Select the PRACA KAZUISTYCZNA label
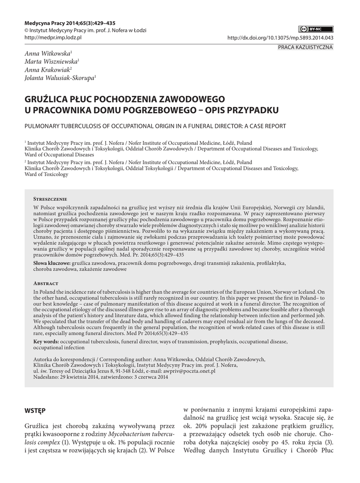(x=305, y=47)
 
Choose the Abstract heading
(x=46, y=283)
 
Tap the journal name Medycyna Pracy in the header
(x=43, y=23)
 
